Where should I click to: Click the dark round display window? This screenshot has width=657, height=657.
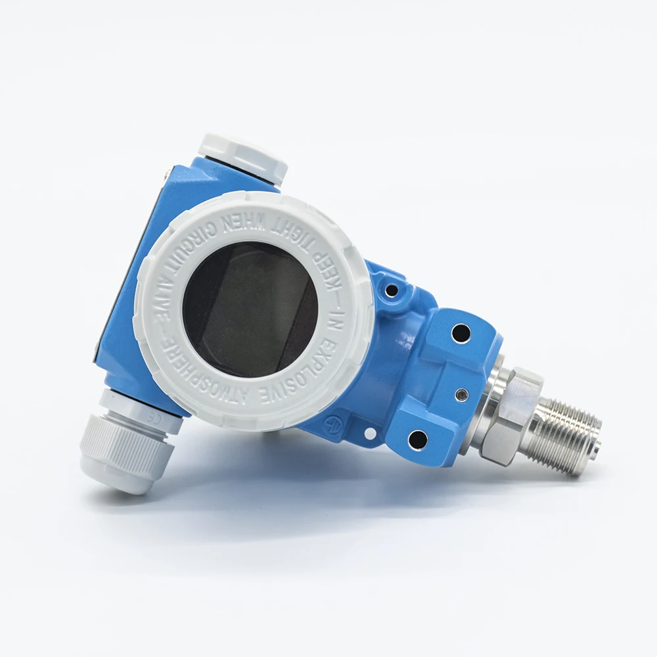250,309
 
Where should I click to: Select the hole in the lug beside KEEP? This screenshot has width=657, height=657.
392,289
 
